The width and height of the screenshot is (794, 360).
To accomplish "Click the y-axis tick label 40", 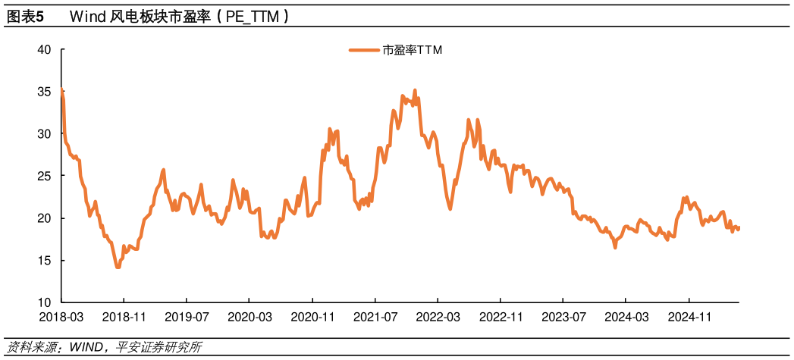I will click(x=44, y=50).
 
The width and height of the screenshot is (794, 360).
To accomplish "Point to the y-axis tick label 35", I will click(x=44, y=92).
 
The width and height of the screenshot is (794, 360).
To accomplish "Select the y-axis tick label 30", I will click(x=44, y=134).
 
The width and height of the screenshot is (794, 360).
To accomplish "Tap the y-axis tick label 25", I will click(x=44, y=176).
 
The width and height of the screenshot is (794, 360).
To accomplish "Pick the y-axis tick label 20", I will click(x=44, y=218).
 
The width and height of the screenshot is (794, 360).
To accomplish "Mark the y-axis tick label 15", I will click(x=44, y=261).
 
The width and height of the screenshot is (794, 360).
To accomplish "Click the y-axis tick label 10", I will click(x=44, y=302).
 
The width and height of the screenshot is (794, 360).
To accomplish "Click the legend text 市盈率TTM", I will click(x=412, y=51).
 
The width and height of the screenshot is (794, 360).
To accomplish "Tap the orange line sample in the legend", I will click(x=364, y=51).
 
